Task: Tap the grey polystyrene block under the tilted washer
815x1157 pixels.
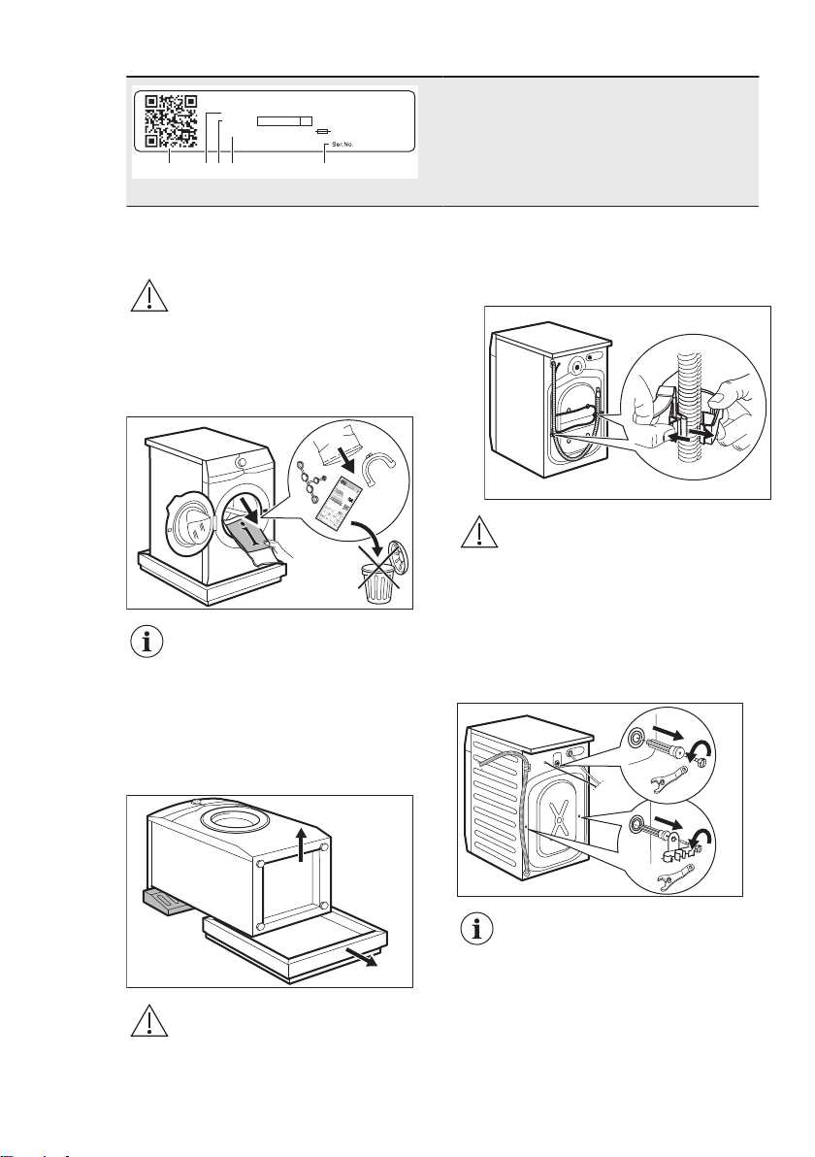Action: [x=168, y=902]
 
